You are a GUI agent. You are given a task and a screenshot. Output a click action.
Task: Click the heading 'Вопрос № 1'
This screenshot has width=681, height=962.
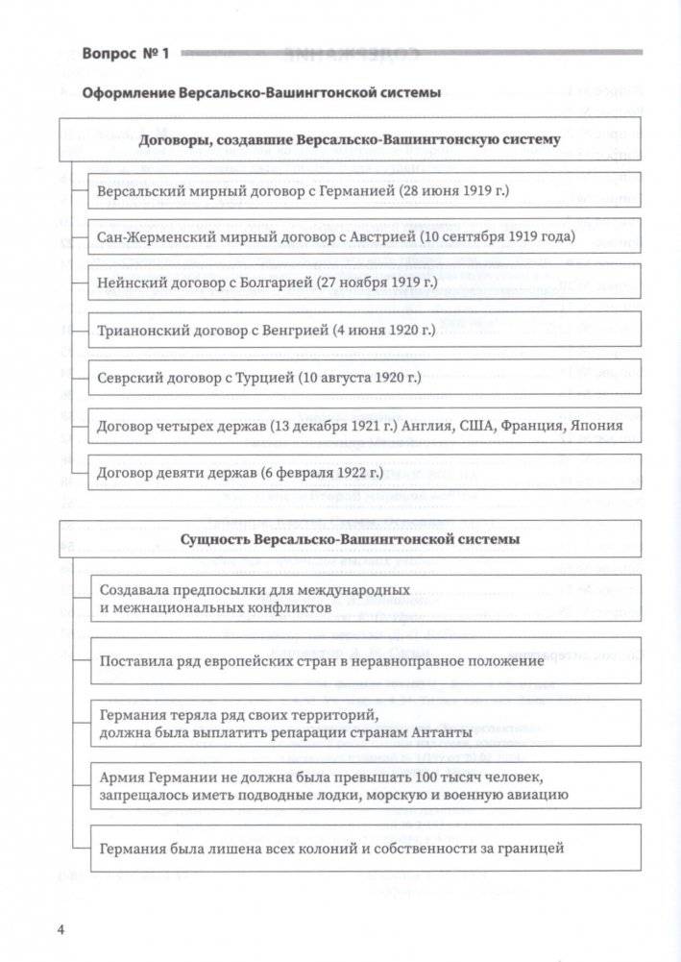[x=126, y=54]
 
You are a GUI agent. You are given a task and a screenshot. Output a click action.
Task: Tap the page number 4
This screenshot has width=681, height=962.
[x=61, y=929]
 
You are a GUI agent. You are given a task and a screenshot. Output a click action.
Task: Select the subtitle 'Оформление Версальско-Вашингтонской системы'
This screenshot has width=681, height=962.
[x=261, y=93]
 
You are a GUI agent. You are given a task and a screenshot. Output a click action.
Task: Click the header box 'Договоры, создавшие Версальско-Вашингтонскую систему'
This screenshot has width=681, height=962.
[x=350, y=140]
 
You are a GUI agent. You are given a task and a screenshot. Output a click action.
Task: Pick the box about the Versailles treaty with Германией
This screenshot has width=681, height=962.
[x=365, y=191]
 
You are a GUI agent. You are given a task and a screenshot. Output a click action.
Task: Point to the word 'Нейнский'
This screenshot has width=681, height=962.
[x=127, y=283]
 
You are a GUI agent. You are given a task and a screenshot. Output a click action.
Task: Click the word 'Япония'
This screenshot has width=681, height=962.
[x=596, y=425]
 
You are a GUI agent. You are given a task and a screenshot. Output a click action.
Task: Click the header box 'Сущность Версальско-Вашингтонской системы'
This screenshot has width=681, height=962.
[x=350, y=539]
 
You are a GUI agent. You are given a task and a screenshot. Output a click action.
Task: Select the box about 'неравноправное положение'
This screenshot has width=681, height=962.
[x=365, y=661]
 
